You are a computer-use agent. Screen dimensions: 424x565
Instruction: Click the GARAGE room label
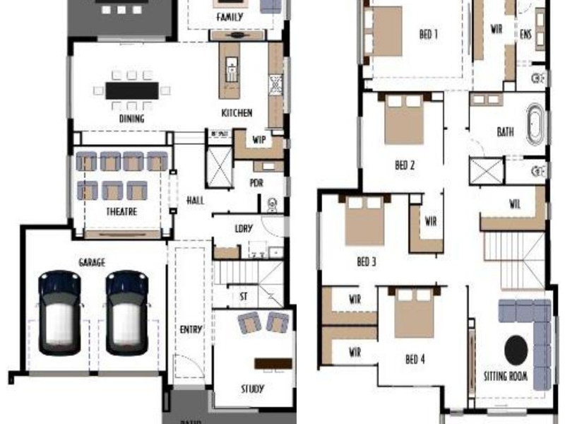point(92,263)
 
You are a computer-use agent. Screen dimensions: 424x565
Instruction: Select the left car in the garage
point(59,312)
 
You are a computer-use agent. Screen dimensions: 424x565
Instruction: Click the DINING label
point(131,119)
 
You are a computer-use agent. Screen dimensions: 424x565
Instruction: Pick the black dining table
point(132,90)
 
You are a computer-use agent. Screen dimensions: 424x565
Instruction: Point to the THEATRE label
point(121,211)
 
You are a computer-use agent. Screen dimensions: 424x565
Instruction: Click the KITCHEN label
point(237,113)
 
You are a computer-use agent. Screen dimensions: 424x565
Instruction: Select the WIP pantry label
point(258,139)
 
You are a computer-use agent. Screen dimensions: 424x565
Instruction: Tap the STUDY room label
point(252,389)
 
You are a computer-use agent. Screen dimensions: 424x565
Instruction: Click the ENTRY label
point(190,329)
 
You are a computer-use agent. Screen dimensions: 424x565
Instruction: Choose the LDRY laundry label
point(244,228)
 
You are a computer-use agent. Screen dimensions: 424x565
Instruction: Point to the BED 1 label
point(427,34)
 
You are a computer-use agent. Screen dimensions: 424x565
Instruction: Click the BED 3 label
point(366,262)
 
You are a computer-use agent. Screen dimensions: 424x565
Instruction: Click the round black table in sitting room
point(516,348)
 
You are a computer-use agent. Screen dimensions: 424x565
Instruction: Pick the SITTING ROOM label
point(505,377)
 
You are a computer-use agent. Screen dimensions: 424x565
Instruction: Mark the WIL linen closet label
point(514,205)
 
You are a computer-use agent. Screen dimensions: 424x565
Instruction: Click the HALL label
point(195,201)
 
